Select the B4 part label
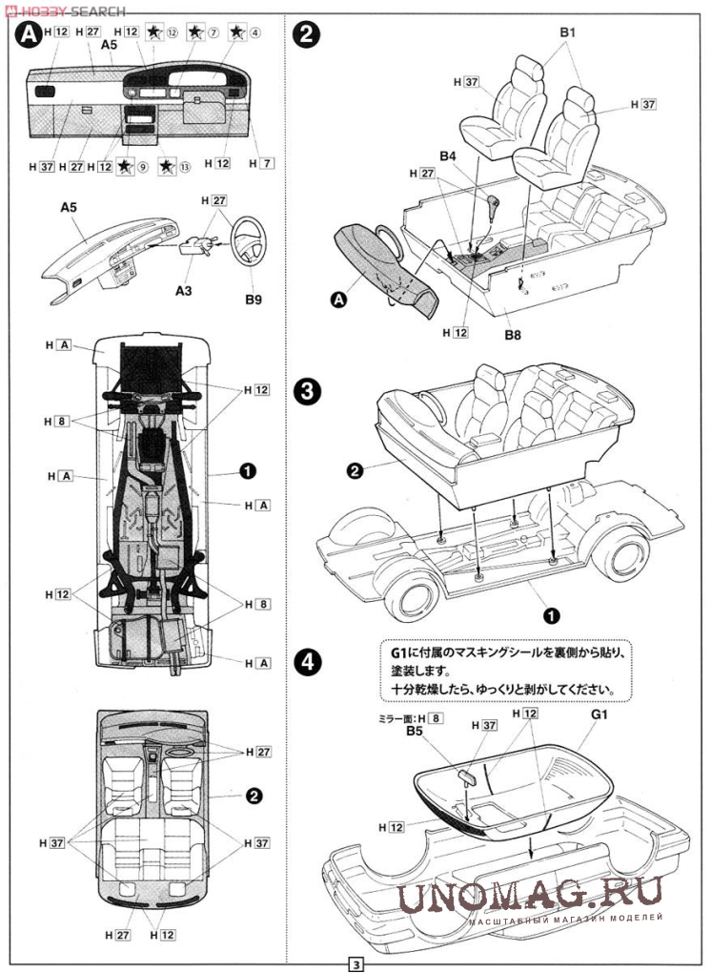(x=448, y=155)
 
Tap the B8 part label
(x=514, y=336)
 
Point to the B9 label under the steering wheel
(x=252, y=299)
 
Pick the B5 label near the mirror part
(x=414, y=731)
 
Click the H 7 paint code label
(x=261, y=164)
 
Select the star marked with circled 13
(x=167, y=167)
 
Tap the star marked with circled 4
(x=236, y=32)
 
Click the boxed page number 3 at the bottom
(x=355, y=964)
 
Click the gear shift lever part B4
(x=494, y=206)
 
